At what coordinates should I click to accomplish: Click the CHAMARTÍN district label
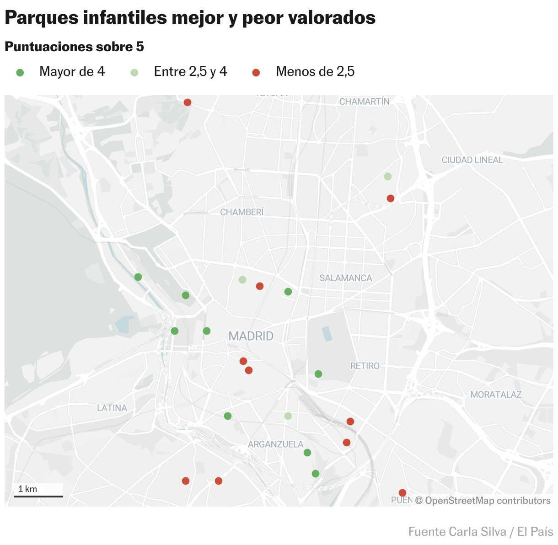(x=364, y=102)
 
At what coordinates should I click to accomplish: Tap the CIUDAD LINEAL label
(x=472, y=160)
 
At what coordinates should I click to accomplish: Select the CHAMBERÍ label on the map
(x=242, y=212)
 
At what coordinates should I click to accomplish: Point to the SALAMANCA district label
(x=346, y=278)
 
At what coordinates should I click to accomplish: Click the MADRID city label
(x=251, y=336)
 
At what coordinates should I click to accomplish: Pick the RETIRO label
(x=365, y=366)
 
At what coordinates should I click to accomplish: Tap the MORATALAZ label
(x=496, y=395)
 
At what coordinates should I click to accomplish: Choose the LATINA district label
(x=112, y=408)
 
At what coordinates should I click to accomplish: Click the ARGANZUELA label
(x=276, y=444)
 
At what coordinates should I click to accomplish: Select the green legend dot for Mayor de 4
(x=20, y=72)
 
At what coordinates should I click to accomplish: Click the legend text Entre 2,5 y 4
(x=190, y=72)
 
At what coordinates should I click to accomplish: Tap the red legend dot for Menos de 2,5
(x=256, y=72)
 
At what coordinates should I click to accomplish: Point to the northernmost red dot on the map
(x=188, y=102)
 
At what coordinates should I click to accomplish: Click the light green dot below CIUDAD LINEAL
(x=388, y=176)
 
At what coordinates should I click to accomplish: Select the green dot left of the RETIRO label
(x=318, y=374)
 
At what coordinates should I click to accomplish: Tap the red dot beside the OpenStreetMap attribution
(x=402, y=493)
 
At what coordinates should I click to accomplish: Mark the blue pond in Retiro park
(x=327, y=334)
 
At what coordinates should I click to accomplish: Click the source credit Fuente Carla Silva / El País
(x=481, y=532)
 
